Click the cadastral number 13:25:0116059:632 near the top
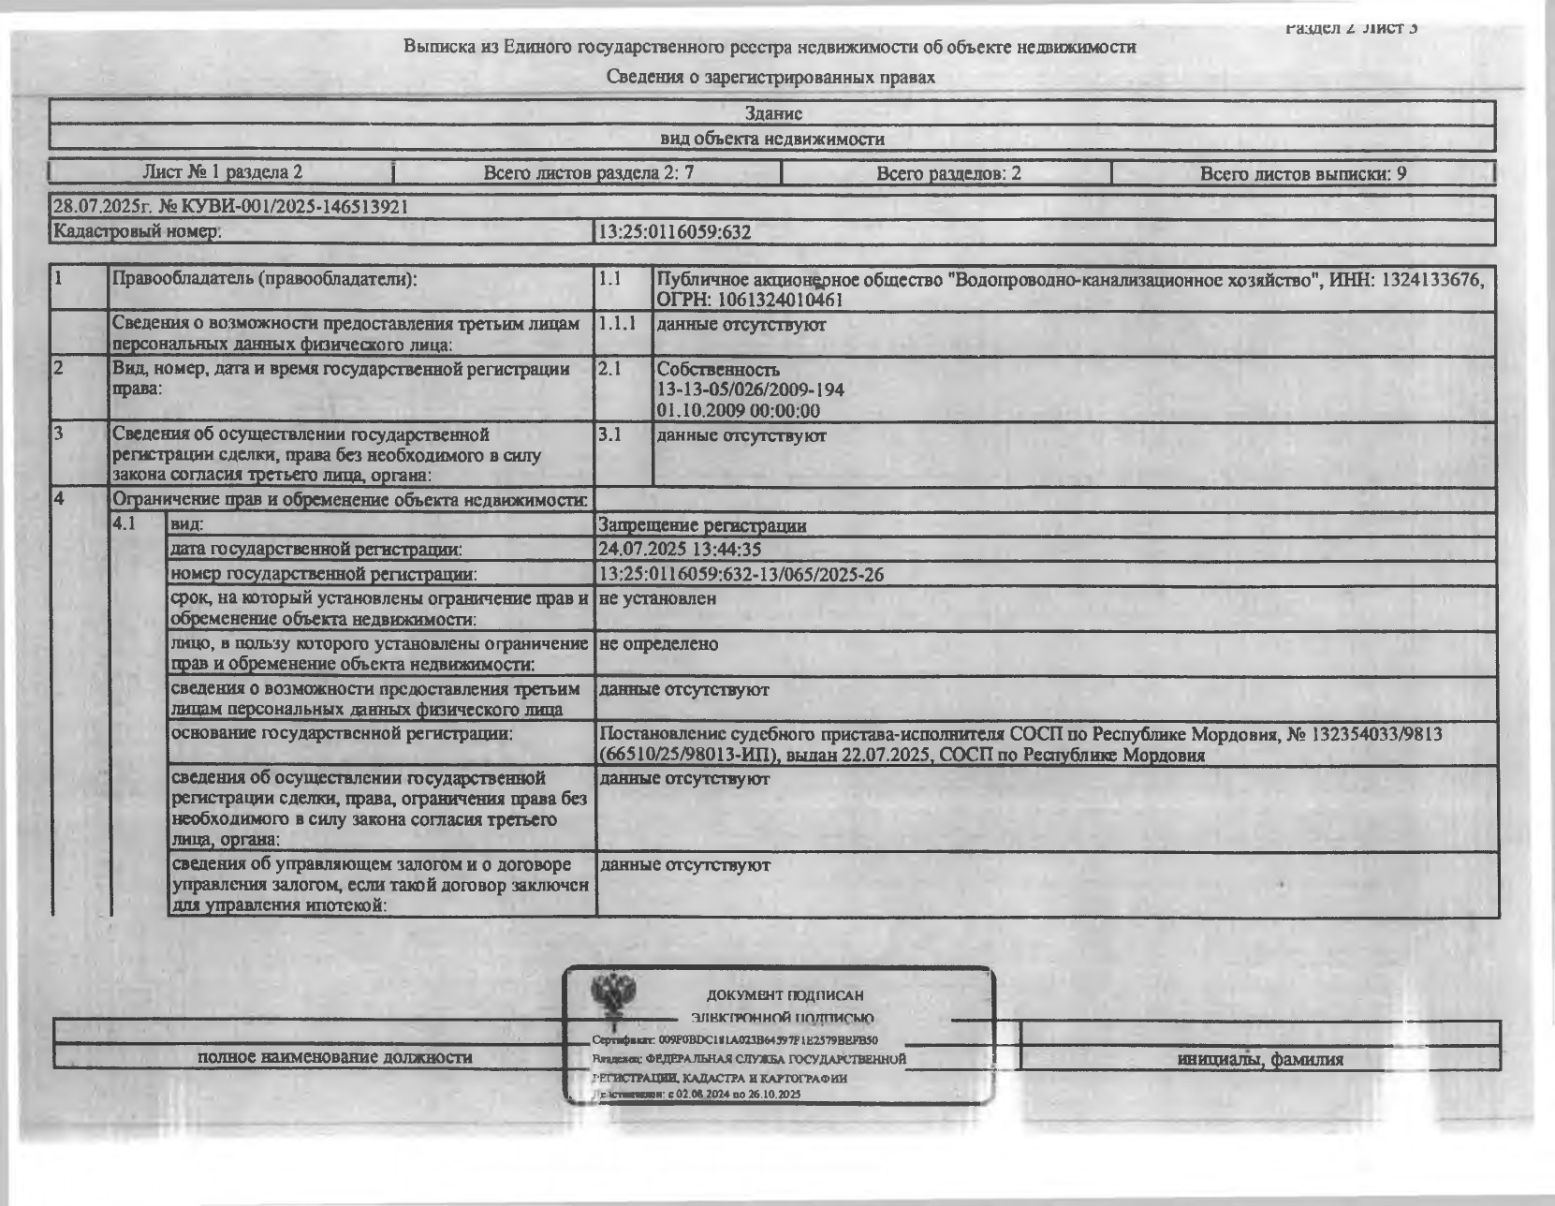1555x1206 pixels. point(674,232)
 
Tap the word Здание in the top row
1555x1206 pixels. point(773,113)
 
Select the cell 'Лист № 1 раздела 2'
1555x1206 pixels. point(222,172)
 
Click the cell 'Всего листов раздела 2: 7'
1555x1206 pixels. point(588,172)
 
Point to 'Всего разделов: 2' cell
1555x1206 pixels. point(947,173)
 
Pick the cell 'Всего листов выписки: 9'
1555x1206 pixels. point(1302,173)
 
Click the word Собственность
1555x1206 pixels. point(718,369)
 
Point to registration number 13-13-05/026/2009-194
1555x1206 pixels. point(751,390)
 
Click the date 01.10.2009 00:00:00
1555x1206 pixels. point(738,411)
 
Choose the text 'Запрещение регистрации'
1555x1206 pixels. point(702,525)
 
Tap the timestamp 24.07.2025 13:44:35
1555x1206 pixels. point(680,550)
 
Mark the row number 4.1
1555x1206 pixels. point(124,524)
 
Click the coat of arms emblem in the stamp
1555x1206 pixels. point(614,994)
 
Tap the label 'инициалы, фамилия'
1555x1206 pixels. point(1259,1060)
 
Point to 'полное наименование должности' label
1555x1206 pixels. point(334,1057)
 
